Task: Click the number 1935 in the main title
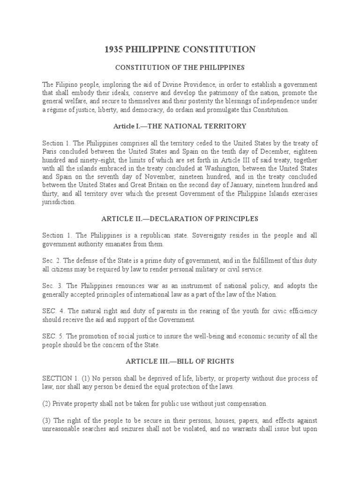[x=115, y=50]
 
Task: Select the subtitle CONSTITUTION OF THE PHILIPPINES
[x=180, y=67]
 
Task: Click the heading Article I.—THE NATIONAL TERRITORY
[x=180, y=127]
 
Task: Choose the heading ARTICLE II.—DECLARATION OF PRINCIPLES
[x=180, y=219]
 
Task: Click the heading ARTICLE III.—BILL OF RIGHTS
[x=180, y=362]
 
